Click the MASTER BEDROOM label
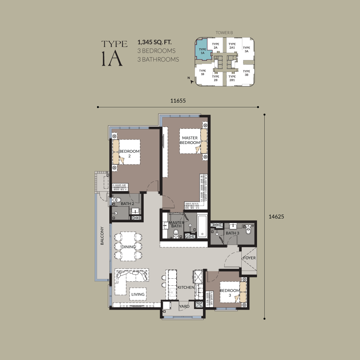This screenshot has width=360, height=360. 190,140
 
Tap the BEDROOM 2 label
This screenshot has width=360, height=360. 129,154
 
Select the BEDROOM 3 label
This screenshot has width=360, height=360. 230,293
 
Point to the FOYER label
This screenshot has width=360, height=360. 249,258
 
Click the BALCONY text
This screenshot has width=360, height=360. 102,236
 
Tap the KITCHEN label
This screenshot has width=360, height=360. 186,287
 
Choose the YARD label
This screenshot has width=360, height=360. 184,306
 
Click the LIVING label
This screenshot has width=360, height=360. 138,294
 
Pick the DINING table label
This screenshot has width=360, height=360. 128,247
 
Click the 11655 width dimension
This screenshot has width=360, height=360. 178,101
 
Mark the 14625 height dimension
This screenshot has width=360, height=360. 276,217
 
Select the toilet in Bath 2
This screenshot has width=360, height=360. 117,200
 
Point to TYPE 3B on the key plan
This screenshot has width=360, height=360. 246,73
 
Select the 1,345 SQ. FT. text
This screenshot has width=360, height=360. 155,42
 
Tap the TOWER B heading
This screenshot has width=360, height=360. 224,33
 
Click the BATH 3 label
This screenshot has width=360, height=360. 232,233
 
